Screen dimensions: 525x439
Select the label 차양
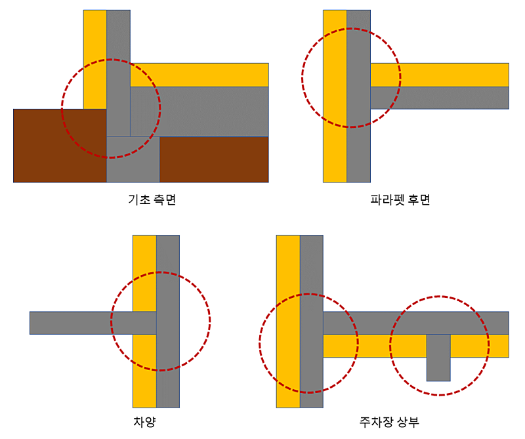pos(144,421)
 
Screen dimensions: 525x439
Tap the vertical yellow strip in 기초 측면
pos(94,39)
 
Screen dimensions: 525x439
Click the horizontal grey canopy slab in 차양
pos(72,323)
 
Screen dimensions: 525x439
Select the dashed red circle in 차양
pos(210,322)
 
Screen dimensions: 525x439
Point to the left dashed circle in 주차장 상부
pos(260,343)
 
